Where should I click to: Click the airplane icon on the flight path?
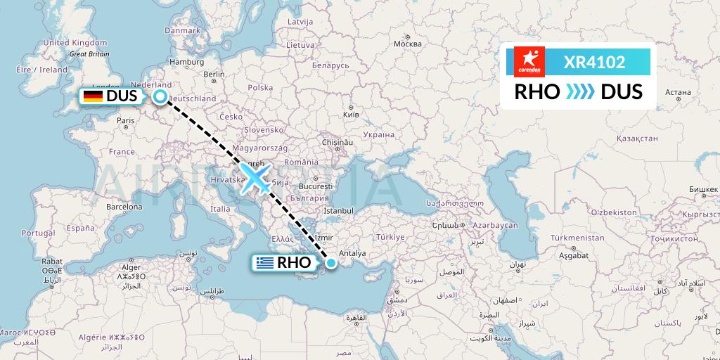tap(255, 177)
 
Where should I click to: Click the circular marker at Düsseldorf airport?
tap(161, 97)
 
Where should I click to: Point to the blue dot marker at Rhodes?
tap(330, 263)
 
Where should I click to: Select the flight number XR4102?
tap(595, 63)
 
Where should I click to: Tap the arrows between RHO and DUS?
tap(580, 92)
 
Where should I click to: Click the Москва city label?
tap(407, 44)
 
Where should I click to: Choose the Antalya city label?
tap(352, 254)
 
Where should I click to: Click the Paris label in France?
tap(126, 120)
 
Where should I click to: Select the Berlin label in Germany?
tap(213, 74)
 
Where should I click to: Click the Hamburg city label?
tap(186, 61)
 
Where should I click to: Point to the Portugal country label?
tap(38, 233)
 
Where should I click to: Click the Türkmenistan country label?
tap(577, 238)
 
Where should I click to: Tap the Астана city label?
tap(678, 92)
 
